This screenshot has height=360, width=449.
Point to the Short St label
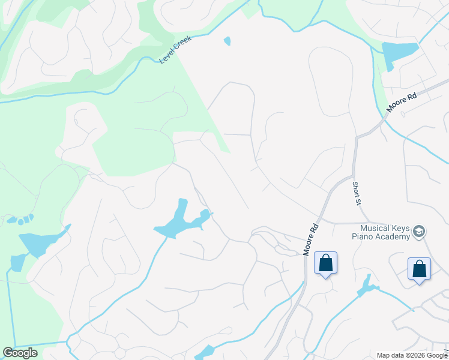click(356, 194)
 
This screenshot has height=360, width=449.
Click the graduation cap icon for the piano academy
click(419, 232)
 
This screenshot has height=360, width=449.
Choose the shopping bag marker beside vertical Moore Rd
click(325, 263)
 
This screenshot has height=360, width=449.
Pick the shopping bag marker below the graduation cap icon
click(419, 268)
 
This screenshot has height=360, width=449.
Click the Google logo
click(20, 353)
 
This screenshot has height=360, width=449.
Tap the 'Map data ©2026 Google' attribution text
click(412, 355)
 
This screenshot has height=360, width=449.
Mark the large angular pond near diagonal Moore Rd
click(400, 54)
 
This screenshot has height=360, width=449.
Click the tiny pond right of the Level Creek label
click(227, 41)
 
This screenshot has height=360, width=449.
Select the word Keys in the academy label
click(401, 228)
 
